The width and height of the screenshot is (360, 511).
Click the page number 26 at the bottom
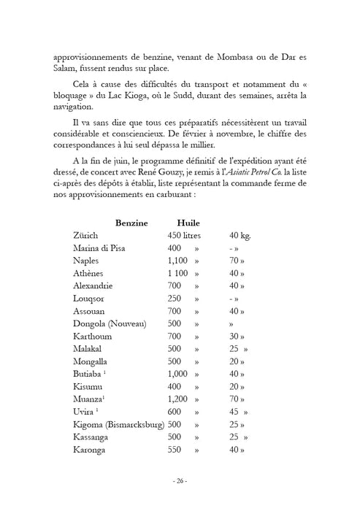[x=180, y=481]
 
